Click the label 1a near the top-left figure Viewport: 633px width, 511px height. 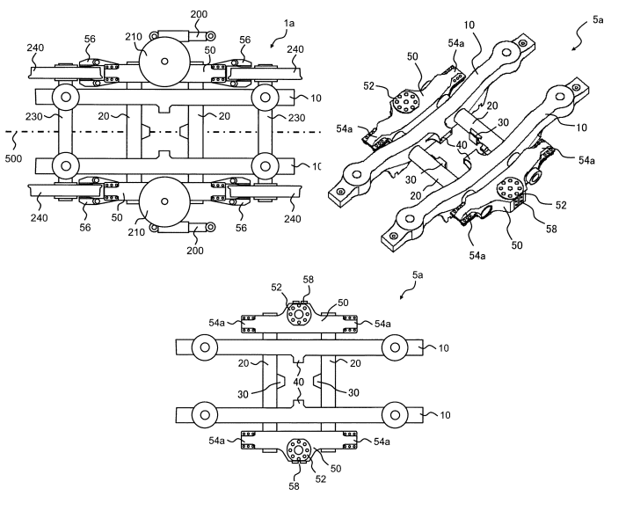tap(289, 23)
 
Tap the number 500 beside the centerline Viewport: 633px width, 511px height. tap(13, 159)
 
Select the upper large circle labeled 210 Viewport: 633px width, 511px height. tap(164, 62)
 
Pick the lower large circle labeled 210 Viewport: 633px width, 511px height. tap(164, 201)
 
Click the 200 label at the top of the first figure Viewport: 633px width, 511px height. tap(199, 14)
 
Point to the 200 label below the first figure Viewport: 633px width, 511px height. tap(195, 251)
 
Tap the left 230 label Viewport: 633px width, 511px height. tap(34, 117)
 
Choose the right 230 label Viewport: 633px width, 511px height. tap(297, 118)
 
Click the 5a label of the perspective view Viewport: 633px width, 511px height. tap(598, 19)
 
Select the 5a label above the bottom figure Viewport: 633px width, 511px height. tap(418, 275)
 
